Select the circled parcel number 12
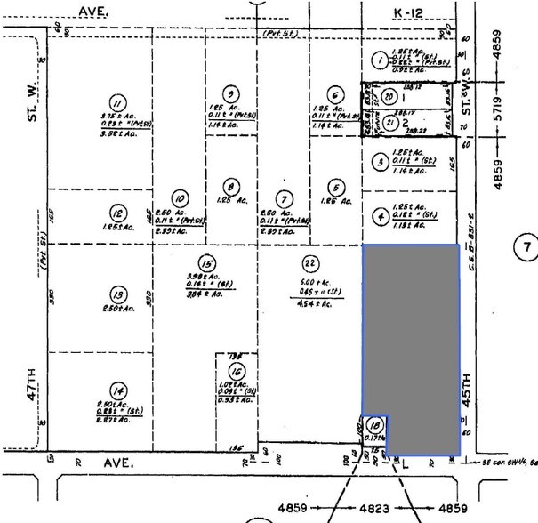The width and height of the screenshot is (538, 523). [x=117, y=213]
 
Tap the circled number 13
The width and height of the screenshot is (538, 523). [x=117, y=294]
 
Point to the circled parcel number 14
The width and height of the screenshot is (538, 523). [x=117, y=389]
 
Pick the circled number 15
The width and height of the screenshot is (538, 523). [x=206, y=264]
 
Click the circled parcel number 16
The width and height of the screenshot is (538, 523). [x=236, y=373]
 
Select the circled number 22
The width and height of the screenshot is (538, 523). [x=309, y=262]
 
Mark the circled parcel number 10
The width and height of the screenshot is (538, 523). [x=180, y=200]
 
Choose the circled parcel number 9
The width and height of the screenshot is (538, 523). [x=232, y=93]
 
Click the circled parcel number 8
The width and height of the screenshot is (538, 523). [x=231, y=187]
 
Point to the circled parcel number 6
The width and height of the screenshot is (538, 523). [x=335, y=96]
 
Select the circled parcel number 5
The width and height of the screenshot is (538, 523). [x=335, y=187]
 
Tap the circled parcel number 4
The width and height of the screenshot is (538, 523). [x=380, y=214]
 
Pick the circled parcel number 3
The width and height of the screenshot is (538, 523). [x=380, y=162]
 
